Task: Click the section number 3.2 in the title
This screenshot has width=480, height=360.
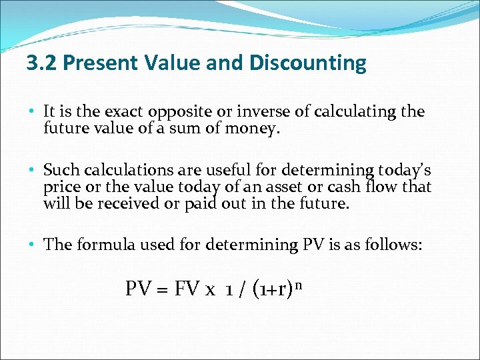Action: point(41,63)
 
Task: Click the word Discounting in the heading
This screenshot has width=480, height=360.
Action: point(308,63)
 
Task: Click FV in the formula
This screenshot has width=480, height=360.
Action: point(187,289)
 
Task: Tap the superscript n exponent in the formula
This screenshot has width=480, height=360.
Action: point(301,285)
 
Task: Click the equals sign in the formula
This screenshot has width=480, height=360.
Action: point(162,290)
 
